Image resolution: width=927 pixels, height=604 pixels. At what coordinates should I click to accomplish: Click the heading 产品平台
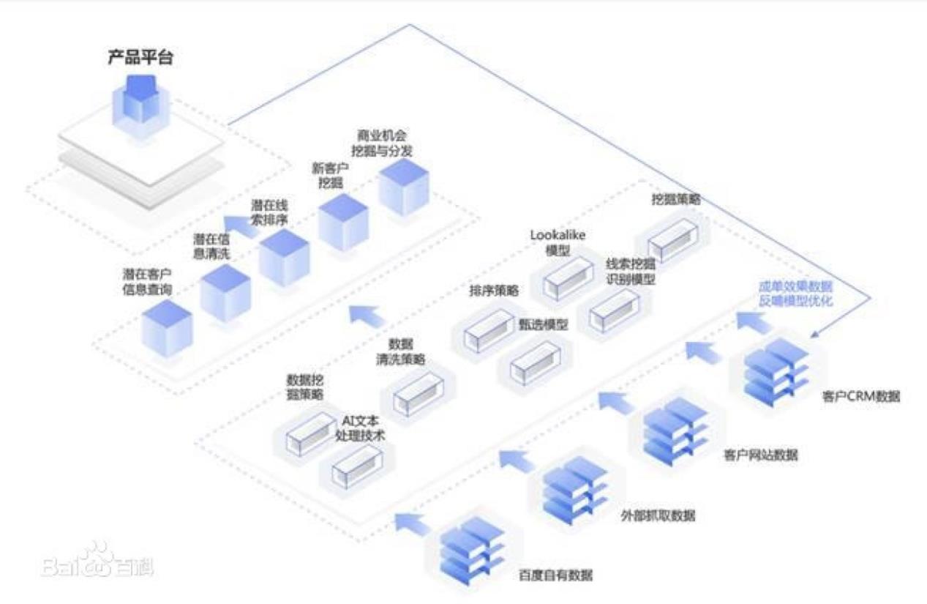coord(140,58)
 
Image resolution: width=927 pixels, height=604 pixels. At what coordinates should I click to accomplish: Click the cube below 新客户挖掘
coord(343,222)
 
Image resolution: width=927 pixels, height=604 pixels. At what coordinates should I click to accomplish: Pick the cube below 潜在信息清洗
coord(225,293)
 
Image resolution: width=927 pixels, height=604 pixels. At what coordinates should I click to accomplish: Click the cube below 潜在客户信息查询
coord(167,327)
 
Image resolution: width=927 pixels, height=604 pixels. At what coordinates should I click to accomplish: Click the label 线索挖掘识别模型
coord(630,271)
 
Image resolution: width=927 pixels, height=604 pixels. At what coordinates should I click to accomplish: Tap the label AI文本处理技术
coord(359,428)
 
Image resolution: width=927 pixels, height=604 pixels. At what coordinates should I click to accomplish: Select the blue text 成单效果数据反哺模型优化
coord(795,294)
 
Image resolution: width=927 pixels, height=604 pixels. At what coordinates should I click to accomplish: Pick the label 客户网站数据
coord(760,455)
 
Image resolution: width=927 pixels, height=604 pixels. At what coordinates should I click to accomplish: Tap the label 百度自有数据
coord(557,575)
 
